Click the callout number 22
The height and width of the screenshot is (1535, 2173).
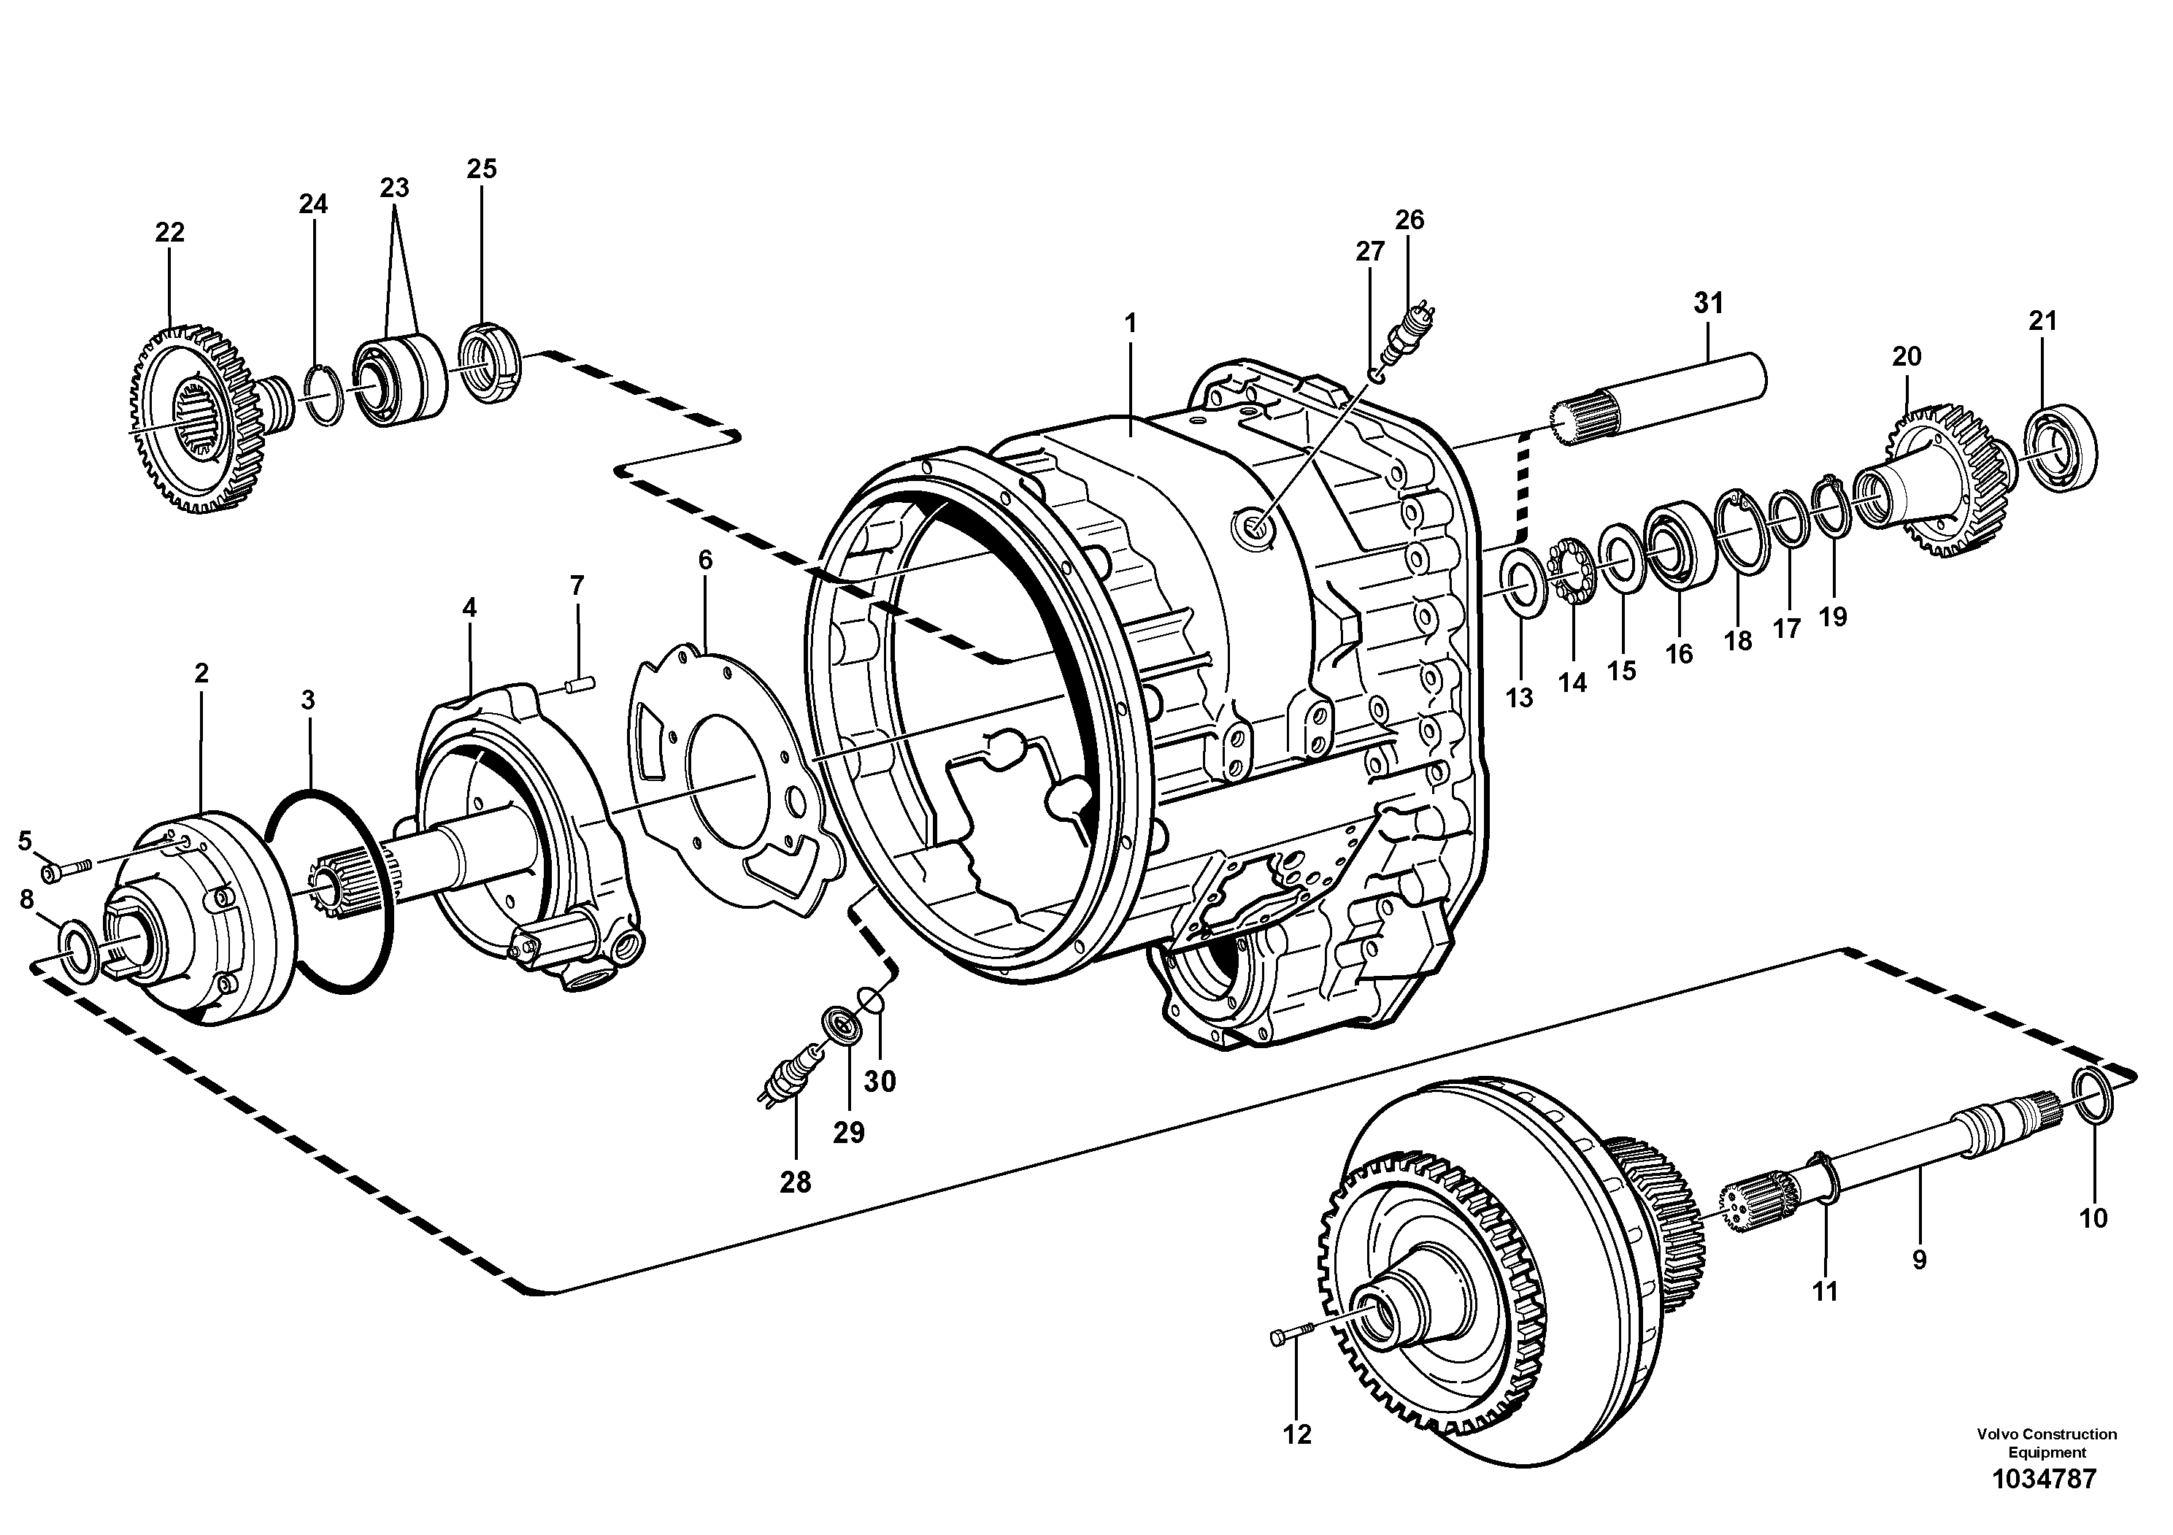[x=169, y=232]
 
